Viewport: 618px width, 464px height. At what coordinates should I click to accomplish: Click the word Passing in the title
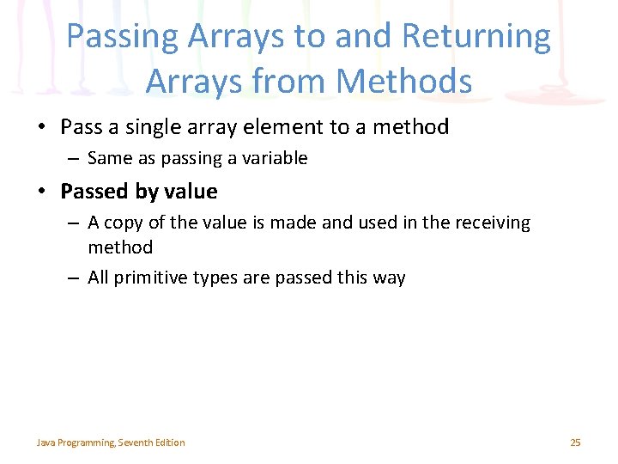(x=122, y=37)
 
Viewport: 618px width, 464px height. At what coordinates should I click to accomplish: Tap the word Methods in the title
(x=404, y=82)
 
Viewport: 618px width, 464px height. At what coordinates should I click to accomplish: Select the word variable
(x=274, y=158)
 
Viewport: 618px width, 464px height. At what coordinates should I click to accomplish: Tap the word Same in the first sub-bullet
(x=107, y=158)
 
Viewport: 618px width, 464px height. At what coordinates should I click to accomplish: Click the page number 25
(x=575, y=443)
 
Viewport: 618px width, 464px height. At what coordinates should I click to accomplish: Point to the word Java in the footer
(x=45, y=443)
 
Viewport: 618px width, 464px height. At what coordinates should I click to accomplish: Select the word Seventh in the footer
(x=136, y=443)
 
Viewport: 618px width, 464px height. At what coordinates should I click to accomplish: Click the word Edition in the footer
(x=170, y=443)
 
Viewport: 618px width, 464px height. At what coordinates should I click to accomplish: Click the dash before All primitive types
(x=75, y=278)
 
